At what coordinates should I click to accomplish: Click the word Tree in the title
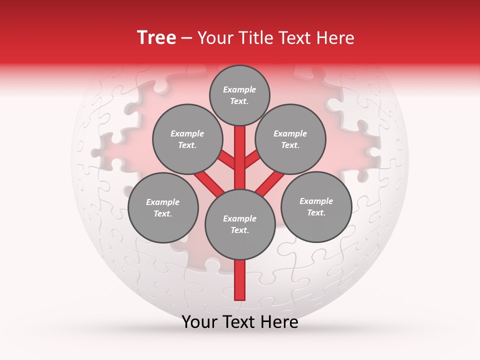156,37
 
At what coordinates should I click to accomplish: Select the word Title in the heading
256,38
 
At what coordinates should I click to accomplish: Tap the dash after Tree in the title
187,38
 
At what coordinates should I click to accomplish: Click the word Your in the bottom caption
199,322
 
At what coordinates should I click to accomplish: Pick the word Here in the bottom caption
279,322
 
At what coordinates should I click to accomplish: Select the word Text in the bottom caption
238,322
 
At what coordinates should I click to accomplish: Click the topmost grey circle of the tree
239,95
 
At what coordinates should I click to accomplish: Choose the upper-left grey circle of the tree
187,139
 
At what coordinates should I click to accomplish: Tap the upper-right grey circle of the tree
290,139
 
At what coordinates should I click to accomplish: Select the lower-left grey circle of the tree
163,208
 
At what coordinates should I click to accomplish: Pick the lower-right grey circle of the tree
316,207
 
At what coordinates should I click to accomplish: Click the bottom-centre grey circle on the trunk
240,224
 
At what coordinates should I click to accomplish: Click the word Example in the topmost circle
239,90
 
